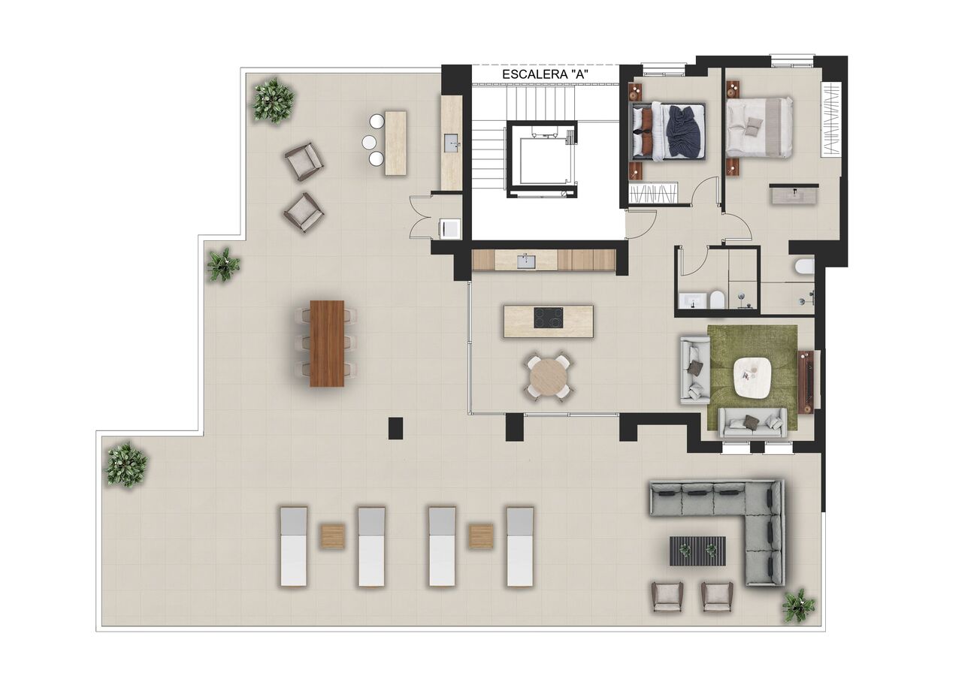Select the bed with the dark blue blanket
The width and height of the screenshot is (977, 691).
pos(667,131)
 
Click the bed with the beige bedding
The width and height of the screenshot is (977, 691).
pos(759,127)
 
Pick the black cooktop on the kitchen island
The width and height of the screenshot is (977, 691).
pos(548,318)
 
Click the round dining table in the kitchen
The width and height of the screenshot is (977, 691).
pos(549,376)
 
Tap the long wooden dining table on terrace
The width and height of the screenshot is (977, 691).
pos(327,343)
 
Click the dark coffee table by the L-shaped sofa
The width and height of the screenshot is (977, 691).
pos(697,551)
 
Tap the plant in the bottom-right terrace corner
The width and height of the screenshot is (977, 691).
pos(798,605)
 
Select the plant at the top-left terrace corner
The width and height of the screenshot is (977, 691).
pos(273,100)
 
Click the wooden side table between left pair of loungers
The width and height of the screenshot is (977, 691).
pos(332,536)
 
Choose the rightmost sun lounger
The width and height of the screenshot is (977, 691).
pos(519,546)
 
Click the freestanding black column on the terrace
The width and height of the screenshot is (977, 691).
pos(395,428)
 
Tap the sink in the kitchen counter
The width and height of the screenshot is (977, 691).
pos(525,261)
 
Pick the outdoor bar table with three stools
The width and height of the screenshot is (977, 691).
pos(395,143)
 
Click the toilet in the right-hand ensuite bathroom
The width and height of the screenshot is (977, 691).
pos(805,267)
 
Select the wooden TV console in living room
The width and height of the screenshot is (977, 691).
pos(806,382)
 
